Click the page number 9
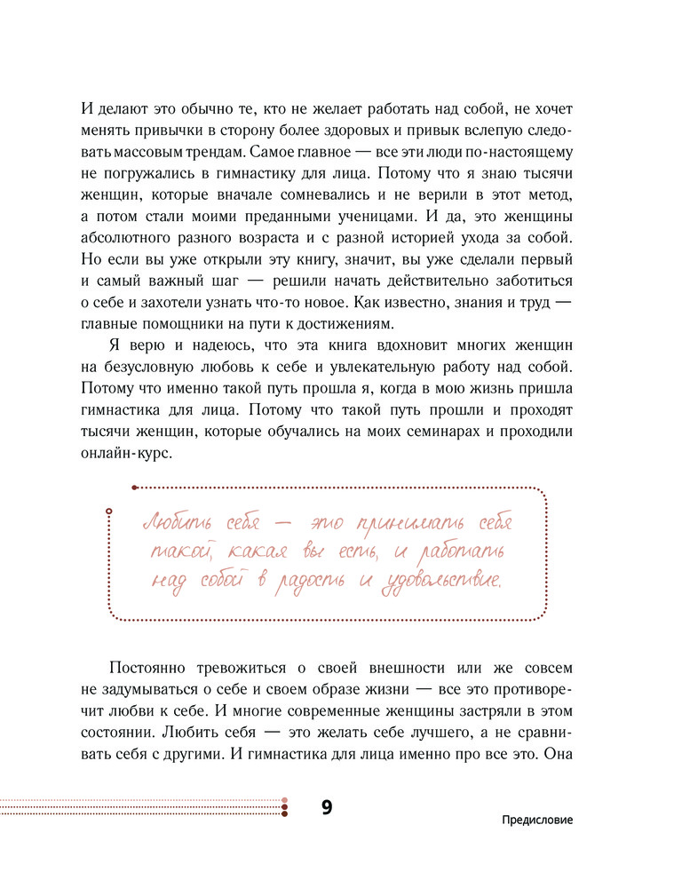pyautogui.click(x=326, y=808)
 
